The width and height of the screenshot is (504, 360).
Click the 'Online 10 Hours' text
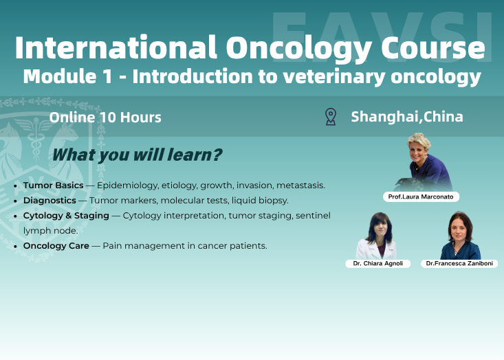[x=105, y=117]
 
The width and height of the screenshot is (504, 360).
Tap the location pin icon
[x=331, y=117]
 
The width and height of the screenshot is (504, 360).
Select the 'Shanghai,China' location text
[x=407, y=117]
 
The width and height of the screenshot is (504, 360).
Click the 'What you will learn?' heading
[x=137, y=155]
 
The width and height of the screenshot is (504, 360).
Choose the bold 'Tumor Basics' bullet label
[x=53, y=185]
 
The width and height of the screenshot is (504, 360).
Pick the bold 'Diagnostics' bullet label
[x=50, y=201]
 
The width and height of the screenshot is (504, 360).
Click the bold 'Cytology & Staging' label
[x=66, y=216]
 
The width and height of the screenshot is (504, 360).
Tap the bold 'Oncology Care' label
[x=56, y=245]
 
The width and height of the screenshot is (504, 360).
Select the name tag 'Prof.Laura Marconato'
[x=421, y=197]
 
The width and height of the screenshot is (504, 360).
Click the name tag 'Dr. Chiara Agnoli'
[x=377, y=263]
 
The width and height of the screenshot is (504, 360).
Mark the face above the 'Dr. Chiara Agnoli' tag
[x=377, y=226]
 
